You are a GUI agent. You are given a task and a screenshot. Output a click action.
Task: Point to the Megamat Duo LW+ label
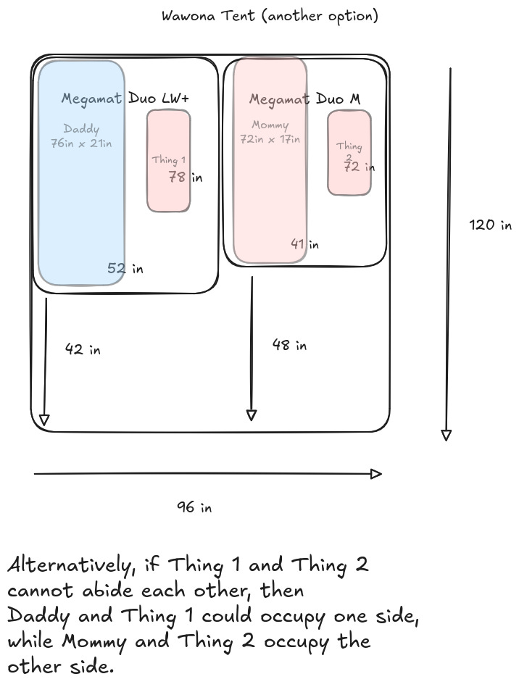coord(129,98)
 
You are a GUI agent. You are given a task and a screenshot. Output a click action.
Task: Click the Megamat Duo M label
coord(304,99)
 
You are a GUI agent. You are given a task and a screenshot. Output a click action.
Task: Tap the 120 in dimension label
coord(491,225)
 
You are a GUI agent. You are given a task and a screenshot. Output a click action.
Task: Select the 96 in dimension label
coord(194,507)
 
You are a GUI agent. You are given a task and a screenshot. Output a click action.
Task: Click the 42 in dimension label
coord(83,349)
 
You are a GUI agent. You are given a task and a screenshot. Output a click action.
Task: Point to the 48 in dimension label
coord(289,345)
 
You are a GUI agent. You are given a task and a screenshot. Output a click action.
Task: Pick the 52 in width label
coord(125,268)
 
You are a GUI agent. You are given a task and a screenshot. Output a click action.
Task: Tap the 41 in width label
coord(304,244)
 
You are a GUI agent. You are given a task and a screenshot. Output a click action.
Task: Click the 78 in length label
coord(185,176)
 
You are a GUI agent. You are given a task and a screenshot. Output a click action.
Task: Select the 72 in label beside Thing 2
coord(359,167)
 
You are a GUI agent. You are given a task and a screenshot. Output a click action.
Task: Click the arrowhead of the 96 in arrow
coord(376,474)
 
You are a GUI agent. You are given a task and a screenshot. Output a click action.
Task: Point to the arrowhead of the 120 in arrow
coord(447,435)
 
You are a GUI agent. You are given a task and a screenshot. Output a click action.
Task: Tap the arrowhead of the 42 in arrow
coord(44,420)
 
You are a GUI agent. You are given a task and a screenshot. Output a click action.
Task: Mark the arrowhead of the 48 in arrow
coord(251,415)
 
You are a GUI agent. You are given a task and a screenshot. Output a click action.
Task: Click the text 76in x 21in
coord(81,143)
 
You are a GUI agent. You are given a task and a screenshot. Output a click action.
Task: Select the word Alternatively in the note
coord(70,565)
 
